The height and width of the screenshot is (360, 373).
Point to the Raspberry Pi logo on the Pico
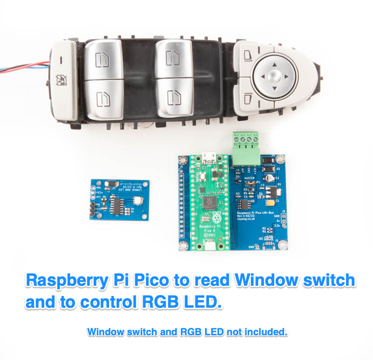(x=209, y=214)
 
